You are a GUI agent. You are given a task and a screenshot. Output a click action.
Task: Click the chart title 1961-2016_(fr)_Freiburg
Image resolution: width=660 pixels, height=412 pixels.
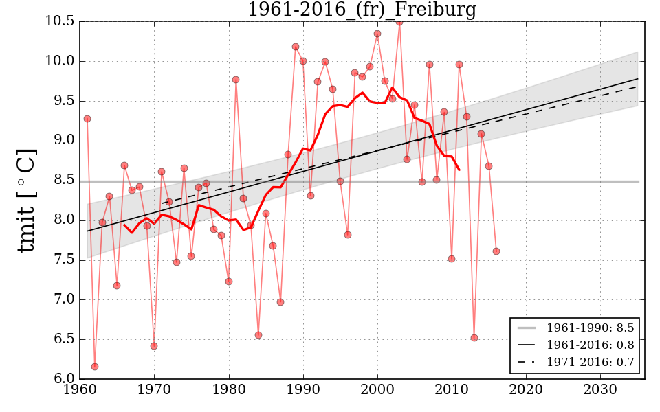coord(362,10)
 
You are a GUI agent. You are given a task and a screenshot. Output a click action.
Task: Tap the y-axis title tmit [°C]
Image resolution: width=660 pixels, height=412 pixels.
coord(26,201)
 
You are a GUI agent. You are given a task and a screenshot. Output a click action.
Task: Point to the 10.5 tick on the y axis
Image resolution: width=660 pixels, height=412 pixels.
coord(59,21)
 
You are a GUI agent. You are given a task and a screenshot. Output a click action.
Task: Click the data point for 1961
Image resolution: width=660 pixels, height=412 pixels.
coord(87,119)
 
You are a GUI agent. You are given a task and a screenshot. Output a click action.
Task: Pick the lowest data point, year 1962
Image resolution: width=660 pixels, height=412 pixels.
coord(95,367)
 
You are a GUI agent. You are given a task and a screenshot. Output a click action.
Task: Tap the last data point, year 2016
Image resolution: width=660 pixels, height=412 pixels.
coord(496,251)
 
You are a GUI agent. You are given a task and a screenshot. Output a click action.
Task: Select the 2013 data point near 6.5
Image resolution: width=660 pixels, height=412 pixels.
coord(474,338)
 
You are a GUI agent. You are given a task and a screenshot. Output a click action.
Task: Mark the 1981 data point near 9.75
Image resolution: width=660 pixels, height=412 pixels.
coord(236,80)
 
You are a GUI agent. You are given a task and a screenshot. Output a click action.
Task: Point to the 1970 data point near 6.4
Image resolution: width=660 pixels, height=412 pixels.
coord(154,346)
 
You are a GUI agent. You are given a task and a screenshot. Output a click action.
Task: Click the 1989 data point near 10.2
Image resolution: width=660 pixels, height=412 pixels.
coord(296,47)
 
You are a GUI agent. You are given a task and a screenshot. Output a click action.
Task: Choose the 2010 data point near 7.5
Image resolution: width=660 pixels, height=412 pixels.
coord(452,259)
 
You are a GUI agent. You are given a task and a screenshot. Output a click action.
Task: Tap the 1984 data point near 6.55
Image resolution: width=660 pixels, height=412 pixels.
coord(258,335)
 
